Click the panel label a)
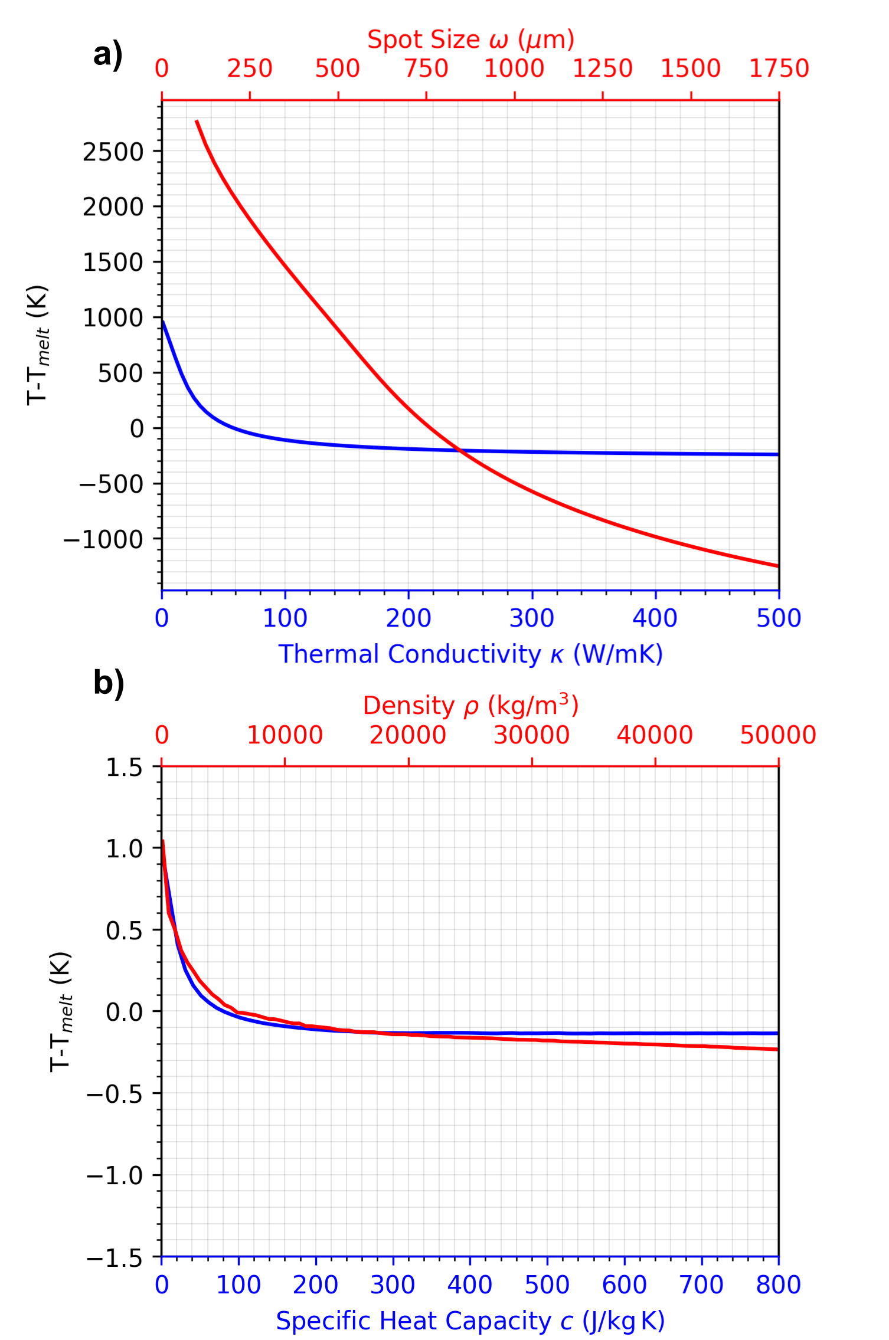(108, 55)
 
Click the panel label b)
(109, 683)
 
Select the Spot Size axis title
(470, 40)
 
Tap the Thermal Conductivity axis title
(470, 654)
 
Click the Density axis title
(470, 705)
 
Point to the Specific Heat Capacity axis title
(470, 1321)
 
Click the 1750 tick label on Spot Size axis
(779, 68)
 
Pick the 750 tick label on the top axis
(426, 68)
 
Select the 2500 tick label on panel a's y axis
(113, 152)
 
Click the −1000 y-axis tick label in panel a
(104, 539)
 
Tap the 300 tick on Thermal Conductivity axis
(532, 618)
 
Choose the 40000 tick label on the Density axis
(655, 735)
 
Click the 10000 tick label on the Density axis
(285, 735)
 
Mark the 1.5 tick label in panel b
(125, 768)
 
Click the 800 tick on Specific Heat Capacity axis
(779, 1285)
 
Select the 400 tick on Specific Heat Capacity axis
(470, 1285)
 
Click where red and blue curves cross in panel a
(460, 450)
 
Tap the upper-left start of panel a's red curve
(197, 121)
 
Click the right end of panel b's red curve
(778, 1049)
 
